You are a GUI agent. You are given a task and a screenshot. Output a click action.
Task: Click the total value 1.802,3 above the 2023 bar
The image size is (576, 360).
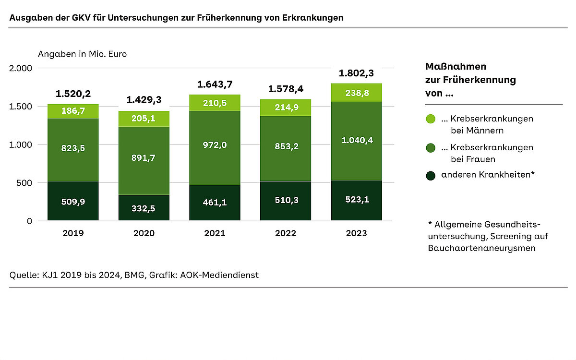pyautogui.click(x=356, y=73)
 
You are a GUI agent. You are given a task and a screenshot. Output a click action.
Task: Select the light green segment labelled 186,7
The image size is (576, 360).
pyautogui.click(x=73, y=111)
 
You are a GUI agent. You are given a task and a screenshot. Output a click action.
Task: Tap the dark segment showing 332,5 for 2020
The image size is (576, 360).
pyautogui.click(x=144, y=208)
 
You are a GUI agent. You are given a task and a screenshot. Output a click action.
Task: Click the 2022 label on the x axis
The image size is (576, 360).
pyautogui.click(x=285, y=233)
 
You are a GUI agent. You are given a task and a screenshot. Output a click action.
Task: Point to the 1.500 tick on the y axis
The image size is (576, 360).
pyautogui.click(x=22, y=106)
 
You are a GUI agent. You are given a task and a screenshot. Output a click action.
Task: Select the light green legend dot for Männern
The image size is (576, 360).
pyautogui.click(x=431, y=119)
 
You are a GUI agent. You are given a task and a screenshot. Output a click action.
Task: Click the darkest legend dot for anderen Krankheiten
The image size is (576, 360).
pyautogui.click(x=431, y=176)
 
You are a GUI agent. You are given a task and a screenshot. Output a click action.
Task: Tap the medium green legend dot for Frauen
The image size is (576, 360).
pyautogui.click(x=431, y=147)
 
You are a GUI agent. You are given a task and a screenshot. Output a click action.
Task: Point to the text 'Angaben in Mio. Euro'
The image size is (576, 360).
pyautogui.click(x=82, y=54)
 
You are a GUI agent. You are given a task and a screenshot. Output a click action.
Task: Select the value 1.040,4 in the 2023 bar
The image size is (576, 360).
pyautogui.click(x=356, y=140)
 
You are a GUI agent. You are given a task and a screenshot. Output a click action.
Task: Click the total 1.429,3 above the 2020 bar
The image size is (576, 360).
pyautogui.click(x=144, y=100)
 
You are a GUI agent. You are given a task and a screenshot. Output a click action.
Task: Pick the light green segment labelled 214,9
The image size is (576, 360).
pyautogui.click(x=285, y=108)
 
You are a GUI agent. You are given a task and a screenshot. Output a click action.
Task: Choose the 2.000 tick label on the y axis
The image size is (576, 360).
pyautogui.click(x=21, y=68)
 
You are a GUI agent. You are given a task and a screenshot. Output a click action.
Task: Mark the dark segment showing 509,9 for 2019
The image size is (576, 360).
pyautogui.click(x=73, y=202)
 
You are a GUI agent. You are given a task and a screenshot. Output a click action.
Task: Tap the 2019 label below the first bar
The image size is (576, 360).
pyautogui.click(x=73, y=233)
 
